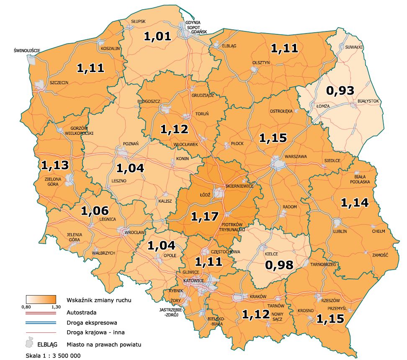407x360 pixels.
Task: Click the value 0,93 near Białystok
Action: click(340, 90)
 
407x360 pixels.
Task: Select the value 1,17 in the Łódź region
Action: click(205, 216)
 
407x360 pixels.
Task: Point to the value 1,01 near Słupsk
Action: click(158, 36)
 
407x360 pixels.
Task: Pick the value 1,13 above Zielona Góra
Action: click(55, 165)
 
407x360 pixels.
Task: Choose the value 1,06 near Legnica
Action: click(95, 211)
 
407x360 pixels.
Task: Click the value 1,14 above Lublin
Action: click(354, 203)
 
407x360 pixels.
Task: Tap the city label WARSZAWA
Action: click(296, 157)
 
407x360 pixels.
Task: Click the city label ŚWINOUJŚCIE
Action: click(26, 51)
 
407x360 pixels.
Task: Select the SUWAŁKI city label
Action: click(354, 47)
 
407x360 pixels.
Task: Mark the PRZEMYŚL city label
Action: click(336, 308)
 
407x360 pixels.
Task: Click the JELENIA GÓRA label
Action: click(74, 237)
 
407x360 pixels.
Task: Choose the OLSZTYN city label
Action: click(260, 62)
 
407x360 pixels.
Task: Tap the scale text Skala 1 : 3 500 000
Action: click(52, 355)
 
